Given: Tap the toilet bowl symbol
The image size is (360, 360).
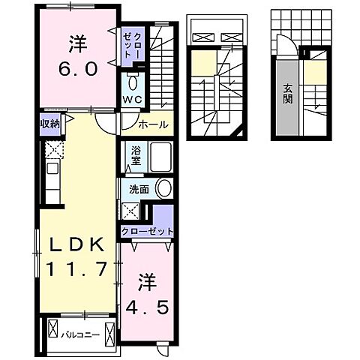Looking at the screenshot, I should click(x=133, y=82).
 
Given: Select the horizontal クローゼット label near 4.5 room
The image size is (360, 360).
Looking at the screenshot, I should click(x=146, y=232).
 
